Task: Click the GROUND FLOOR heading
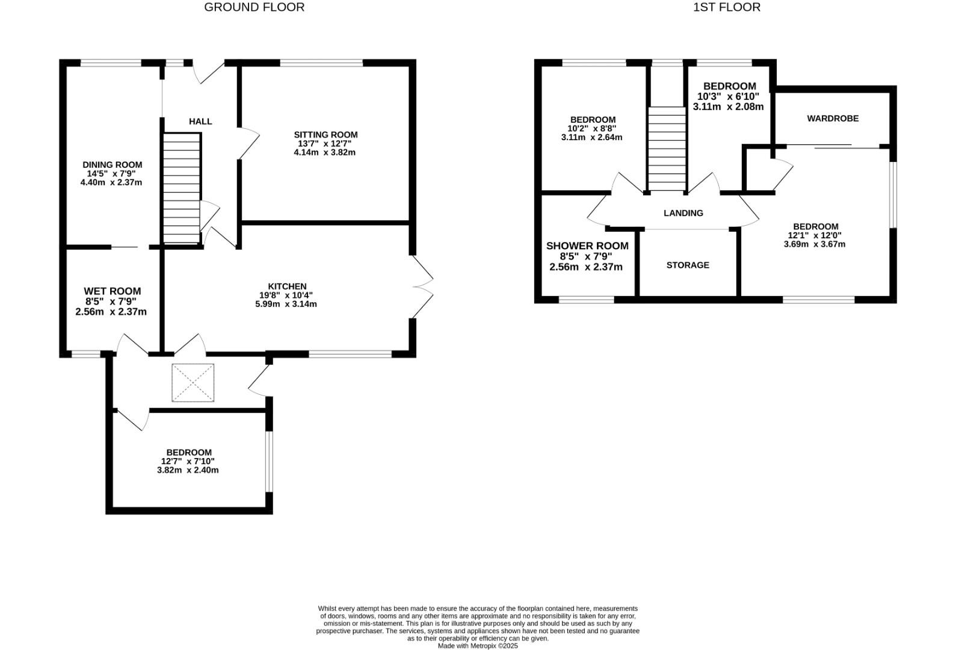(254, 7)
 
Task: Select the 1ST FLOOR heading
(727, 7)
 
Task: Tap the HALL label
(200, 122)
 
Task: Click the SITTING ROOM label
(325, 135)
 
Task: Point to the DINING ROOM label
(112, 164)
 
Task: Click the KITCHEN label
(287, 286)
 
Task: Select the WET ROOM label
(112, 291)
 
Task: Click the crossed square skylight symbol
(193, 383)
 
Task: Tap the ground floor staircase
(181, 188)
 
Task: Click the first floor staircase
(667, 149)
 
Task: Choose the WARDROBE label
(833, 119)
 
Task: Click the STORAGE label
(688, 265)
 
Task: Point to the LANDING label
(683, 213)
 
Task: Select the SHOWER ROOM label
(587, 246)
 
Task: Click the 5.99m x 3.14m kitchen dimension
(286, 304)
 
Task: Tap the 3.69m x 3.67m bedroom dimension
(814, 244)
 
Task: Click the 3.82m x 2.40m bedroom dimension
(188, 470)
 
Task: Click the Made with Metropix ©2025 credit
(477, 646)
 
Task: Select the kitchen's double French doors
(422, 287)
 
